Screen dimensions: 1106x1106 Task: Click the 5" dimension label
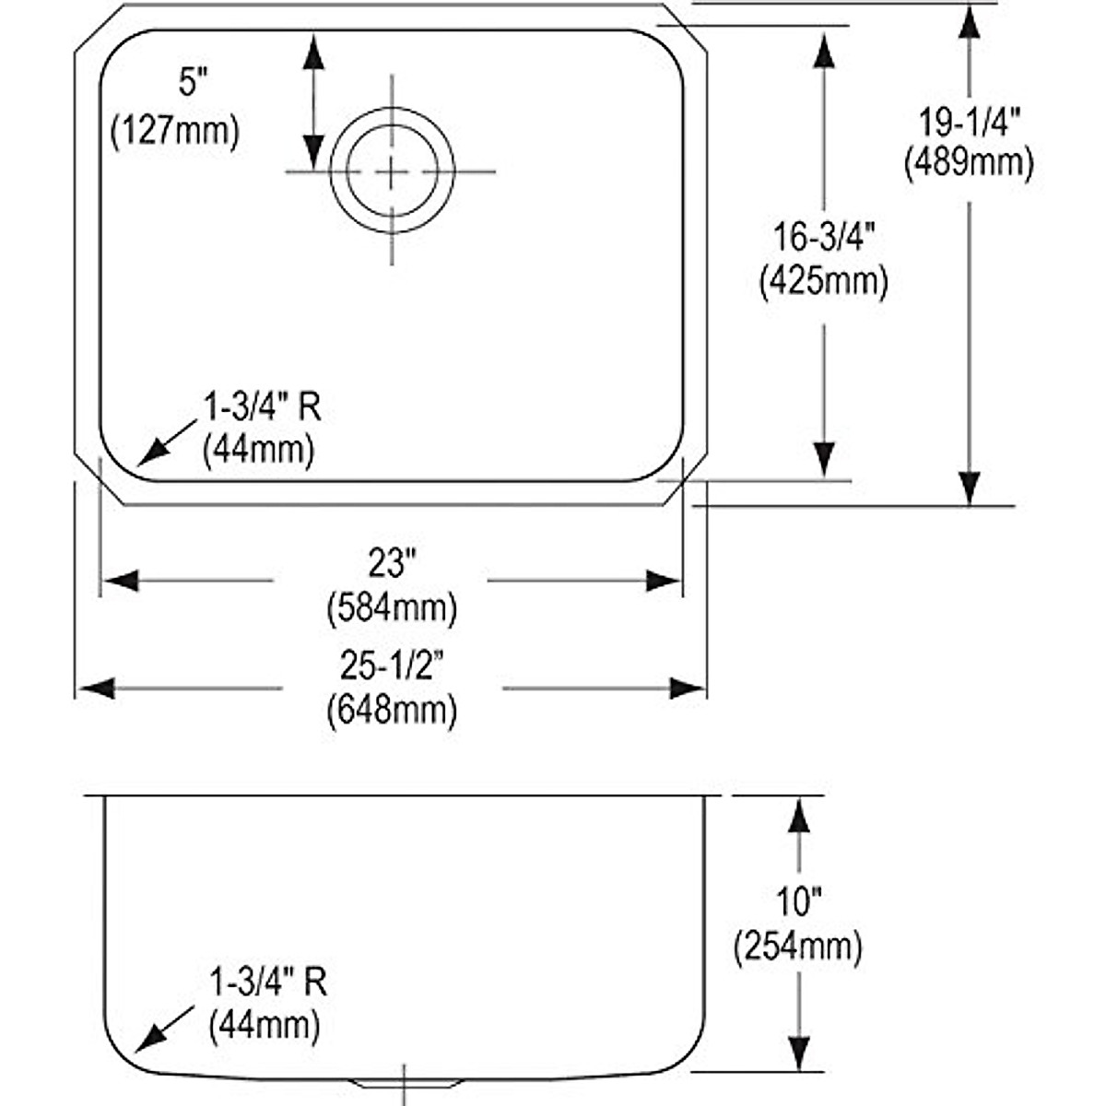pyautogui.click(x=189, y=85)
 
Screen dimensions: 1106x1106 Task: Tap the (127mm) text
pyautogui.click(x=174, y=130)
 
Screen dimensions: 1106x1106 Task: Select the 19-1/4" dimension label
pyautogui.click(x=969, y=121)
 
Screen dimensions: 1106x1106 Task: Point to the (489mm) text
pyautogui.click(x=969, y=163)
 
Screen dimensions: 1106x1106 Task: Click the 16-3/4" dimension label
pyautogui.click(x=823, y=238)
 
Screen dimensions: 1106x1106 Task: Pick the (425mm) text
pyautogui.click(x=823, y=281)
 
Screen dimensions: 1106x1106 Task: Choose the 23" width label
pyautogui.click(x=392, y=562)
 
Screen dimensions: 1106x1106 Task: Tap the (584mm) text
pyautogui.click(x=392, y=607)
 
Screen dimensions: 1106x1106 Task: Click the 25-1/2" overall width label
pyautogui.click(x=392, y=665)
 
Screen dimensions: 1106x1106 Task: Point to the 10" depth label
pyautogui.click(x=798, y=901)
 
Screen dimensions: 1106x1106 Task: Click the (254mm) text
pyautogui.click(x=798, y=947)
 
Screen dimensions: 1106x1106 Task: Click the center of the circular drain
pyautogui.click(x=392, y=171)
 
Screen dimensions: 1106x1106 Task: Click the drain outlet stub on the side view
pyautogui.click(x=403, y=1080)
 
